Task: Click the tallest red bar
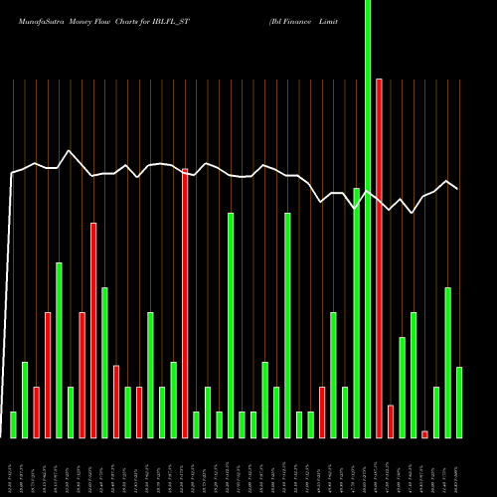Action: coord(380,258)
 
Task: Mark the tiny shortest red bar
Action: coord(425,434)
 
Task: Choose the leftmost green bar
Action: coord(13,424)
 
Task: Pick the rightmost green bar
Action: coord(459,403)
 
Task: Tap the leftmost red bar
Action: coord(36,413)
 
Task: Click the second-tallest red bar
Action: coord(185,303)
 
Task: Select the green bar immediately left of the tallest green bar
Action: coord(357,313)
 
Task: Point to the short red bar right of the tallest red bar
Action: coord(391,421)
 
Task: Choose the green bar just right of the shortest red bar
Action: coord(436,413)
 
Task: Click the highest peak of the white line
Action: coord(68,151)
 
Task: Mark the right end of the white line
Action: coord(458,189)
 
